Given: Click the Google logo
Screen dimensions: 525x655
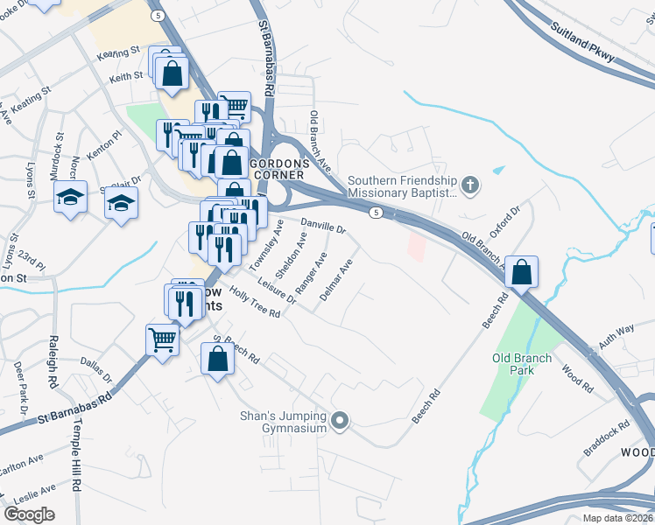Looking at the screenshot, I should tap(29, 514).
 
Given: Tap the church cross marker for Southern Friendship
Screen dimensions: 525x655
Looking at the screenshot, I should tap(470, 185).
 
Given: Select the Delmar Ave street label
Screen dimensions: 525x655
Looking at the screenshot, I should tap(336, 280).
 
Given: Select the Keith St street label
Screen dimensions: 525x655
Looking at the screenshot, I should tap(126, 77).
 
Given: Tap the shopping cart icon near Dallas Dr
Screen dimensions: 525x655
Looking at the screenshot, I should tap(163, 339).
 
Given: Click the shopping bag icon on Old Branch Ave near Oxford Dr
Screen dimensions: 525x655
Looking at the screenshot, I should tap(521, 272).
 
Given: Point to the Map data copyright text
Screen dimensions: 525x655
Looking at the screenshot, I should tap(617, 517).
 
